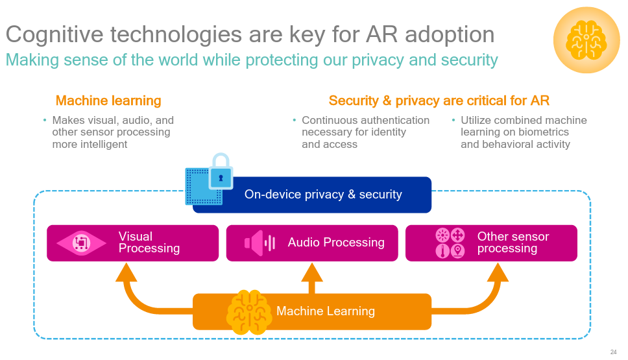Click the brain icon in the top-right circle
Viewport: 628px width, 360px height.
586,40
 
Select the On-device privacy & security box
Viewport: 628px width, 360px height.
322,195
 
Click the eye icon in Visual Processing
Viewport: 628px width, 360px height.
81,243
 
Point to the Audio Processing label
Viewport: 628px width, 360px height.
336,243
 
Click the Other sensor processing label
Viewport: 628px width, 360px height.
513,243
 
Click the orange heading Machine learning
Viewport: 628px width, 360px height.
108,101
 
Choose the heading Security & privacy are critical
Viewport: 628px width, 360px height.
439,101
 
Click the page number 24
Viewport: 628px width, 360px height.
613,352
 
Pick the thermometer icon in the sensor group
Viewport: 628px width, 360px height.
442,250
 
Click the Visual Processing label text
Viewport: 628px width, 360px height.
149,243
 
